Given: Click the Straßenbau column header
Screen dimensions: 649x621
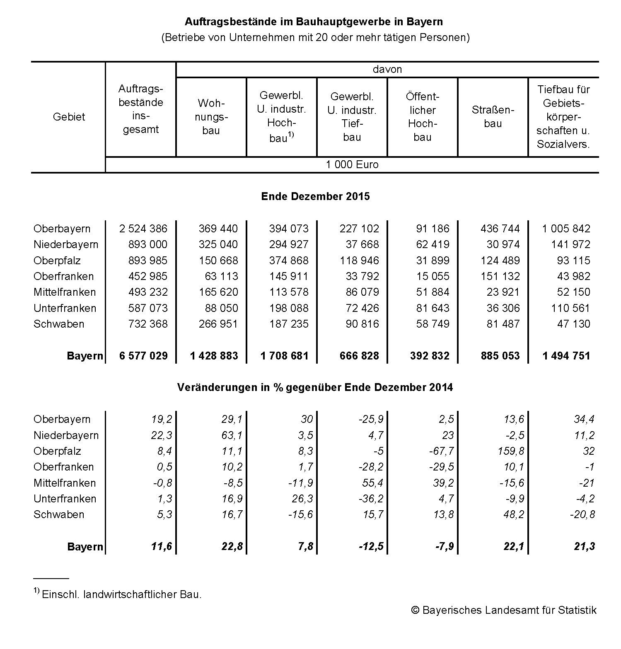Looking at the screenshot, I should click(x=493, y=117).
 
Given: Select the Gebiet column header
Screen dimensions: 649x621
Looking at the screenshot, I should click(x=69, y=117).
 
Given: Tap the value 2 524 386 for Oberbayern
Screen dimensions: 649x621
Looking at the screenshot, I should click(x=143, y=229).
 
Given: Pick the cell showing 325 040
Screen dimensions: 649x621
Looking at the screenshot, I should click(x=218, y=244).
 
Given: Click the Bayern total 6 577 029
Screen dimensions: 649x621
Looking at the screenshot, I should click(x=143, y=356).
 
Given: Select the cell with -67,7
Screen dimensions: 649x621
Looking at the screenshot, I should click(x=441, y=451).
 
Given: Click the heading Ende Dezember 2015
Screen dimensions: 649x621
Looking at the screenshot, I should click(x=315, y=196).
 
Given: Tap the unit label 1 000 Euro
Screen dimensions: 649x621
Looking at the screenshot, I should click(x=352, y=165).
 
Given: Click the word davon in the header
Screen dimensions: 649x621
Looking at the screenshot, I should click(x=387, y=69).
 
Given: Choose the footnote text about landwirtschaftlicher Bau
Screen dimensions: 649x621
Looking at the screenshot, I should click(x=121, y=595).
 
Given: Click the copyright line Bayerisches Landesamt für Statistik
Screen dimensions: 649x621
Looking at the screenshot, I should click(x=504, y=610).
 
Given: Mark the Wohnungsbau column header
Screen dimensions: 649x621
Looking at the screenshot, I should click(x=211, y=117).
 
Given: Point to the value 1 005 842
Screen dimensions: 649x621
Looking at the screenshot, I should click(x=566, y=229).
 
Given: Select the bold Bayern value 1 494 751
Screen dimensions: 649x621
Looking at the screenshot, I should click(x=566, y=356).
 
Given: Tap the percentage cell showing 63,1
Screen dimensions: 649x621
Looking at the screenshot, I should click(x=232, y=435).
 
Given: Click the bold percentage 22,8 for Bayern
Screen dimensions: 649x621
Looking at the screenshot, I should click(x=232, y=547).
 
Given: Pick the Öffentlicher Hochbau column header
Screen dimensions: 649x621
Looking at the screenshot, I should click(x=422, y=117).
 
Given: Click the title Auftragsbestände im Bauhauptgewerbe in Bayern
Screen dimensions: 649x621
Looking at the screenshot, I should click(x=314, y=22).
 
